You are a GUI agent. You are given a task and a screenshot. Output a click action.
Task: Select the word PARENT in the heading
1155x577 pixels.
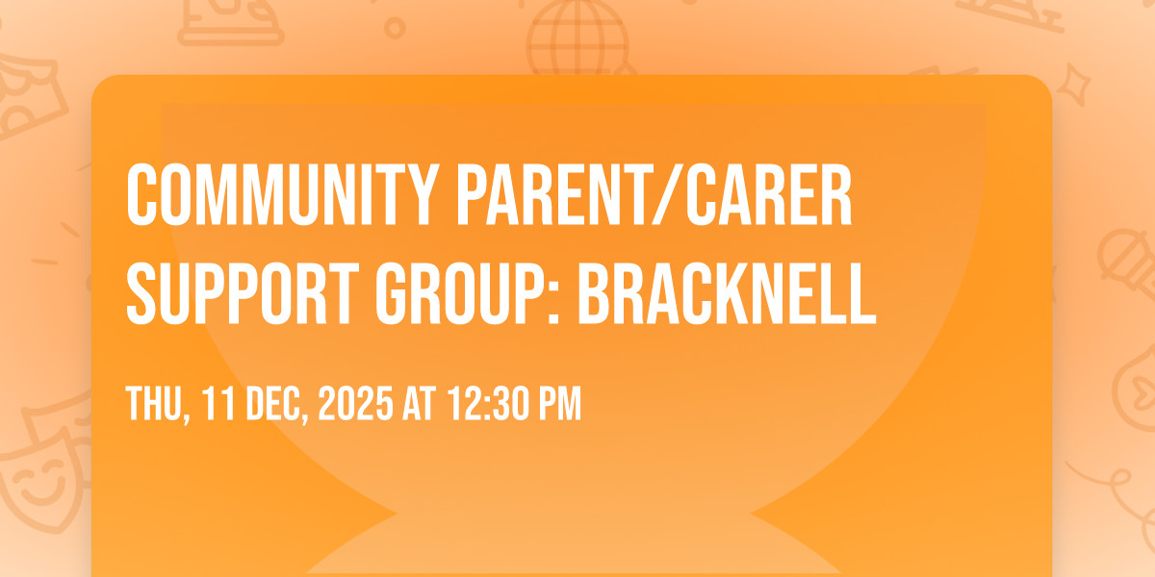(552, 195)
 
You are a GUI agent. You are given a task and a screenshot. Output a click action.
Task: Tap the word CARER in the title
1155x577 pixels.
(769, 195)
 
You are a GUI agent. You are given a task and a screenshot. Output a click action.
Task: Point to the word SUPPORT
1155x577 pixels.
(243, 293)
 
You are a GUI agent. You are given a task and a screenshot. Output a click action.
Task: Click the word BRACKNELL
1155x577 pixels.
(727, 293)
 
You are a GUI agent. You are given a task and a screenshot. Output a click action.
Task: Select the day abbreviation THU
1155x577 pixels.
(155, 404)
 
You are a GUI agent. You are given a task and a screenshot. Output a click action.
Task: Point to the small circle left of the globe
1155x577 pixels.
(395, 28)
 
